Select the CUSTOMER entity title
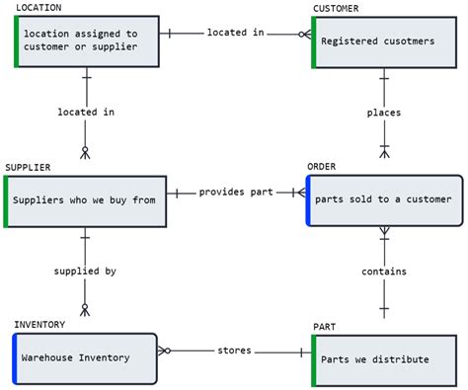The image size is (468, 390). (336, 8)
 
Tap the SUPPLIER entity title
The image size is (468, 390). (28, 167)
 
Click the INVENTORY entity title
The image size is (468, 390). (39, 324)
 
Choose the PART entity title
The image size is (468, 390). (324, 326)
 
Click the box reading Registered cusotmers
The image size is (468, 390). (384, 41)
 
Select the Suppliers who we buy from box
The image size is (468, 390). (86, 200)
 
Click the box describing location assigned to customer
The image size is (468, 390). (87, 40)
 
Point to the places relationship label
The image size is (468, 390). (384, 113)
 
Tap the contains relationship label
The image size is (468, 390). (384, 272)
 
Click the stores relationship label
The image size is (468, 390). (234, 351)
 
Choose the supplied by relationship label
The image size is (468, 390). (85, 270)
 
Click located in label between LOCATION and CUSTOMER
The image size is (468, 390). (235, 33)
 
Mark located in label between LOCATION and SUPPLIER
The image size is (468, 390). (86, 112)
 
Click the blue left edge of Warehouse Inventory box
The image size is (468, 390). (16, 357)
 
